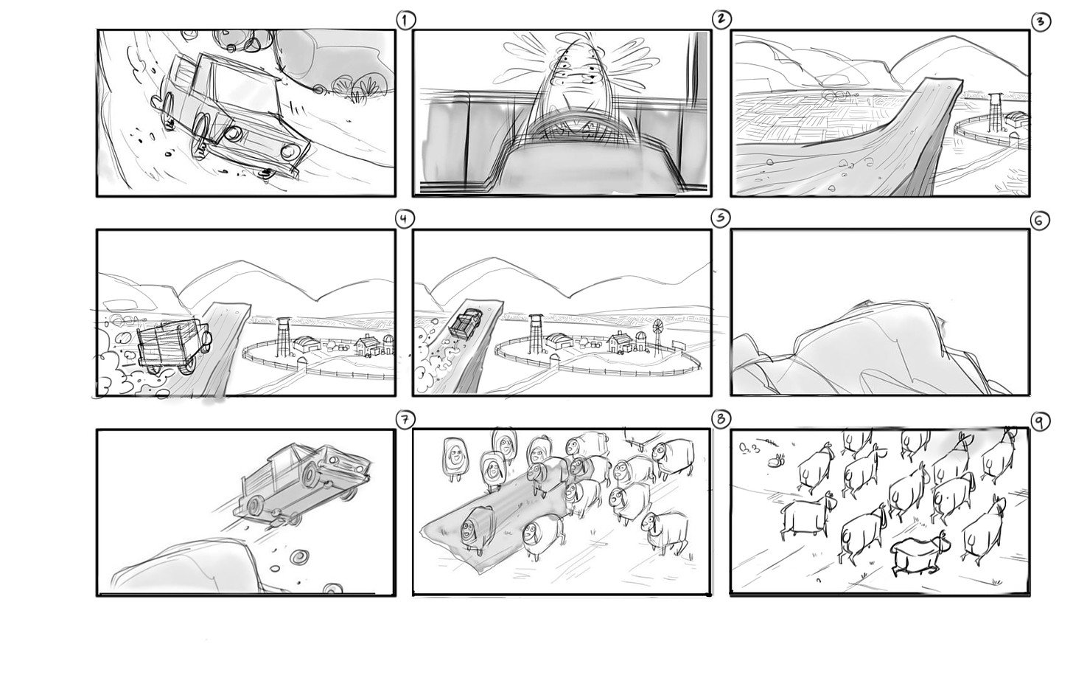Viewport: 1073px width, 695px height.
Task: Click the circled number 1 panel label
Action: pos(406,21)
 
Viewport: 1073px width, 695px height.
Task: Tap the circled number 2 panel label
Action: pos(721,19)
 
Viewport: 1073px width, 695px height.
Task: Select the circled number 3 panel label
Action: pos(1041,21)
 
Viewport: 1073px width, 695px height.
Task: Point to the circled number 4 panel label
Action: pos(405,219)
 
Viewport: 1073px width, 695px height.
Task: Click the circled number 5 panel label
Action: pos(721,218)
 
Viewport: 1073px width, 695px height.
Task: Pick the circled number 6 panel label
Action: pos(1039,221)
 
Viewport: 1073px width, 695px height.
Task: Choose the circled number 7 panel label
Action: pos(405,420)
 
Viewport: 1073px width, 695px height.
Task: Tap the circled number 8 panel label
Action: pos(721,419)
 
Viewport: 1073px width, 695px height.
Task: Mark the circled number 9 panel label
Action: pos(1039,421)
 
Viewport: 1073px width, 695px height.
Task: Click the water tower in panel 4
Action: pos(284,336)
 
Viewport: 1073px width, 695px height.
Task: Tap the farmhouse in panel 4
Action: pos(367,346)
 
